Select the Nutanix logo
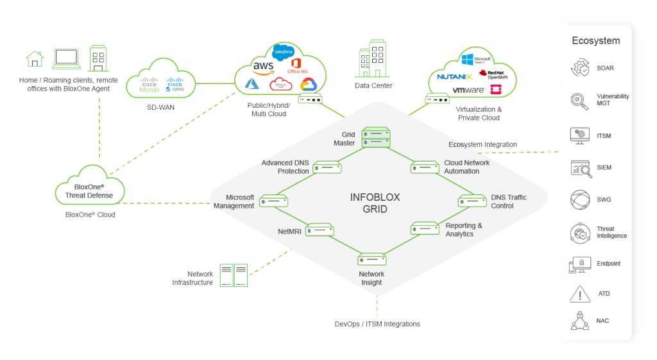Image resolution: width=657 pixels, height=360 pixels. tap(454, 76)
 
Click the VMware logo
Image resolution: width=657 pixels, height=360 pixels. tap(468, 90)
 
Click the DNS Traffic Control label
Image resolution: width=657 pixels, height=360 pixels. tap(508, 201)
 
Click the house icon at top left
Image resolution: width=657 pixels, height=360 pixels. tap(35, 59)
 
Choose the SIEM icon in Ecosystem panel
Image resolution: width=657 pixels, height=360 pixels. tap(581, 168)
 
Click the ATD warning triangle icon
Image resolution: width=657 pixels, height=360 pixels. tap(581, 295)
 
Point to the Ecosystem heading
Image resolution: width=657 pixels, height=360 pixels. tap(596, 41)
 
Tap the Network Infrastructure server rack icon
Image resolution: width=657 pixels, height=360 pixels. tap(234, 275)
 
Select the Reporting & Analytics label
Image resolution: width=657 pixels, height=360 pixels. tap(464, 230)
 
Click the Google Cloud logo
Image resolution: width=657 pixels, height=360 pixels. tap(309, 85)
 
